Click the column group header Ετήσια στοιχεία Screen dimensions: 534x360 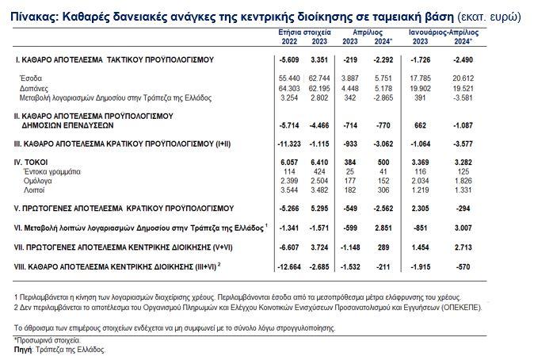click(304, 33)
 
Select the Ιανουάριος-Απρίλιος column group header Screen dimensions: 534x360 click(444, 33)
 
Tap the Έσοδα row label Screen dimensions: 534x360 click(31, 79)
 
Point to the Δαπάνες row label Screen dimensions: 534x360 click(34, 89)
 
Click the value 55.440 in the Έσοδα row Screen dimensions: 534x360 click(289, 79)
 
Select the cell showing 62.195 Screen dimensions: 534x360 click(319, 89)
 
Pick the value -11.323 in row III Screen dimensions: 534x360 click(289, 144)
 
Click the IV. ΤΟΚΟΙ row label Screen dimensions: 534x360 click(31, 163)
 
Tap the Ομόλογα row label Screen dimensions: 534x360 click(37, 181)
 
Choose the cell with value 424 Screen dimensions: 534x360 click(319, 171)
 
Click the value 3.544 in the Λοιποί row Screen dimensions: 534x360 click(289, 190)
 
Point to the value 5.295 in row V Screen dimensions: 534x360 click(319, 209)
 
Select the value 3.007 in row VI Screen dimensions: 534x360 click(463, 228)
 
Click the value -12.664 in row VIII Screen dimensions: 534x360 click(289, 267)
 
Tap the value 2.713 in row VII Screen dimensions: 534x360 click(463, 247)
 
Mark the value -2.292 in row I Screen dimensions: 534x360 click(383, 60)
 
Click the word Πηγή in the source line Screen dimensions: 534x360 click(22, 350)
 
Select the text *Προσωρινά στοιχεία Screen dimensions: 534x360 click(47, 340)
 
